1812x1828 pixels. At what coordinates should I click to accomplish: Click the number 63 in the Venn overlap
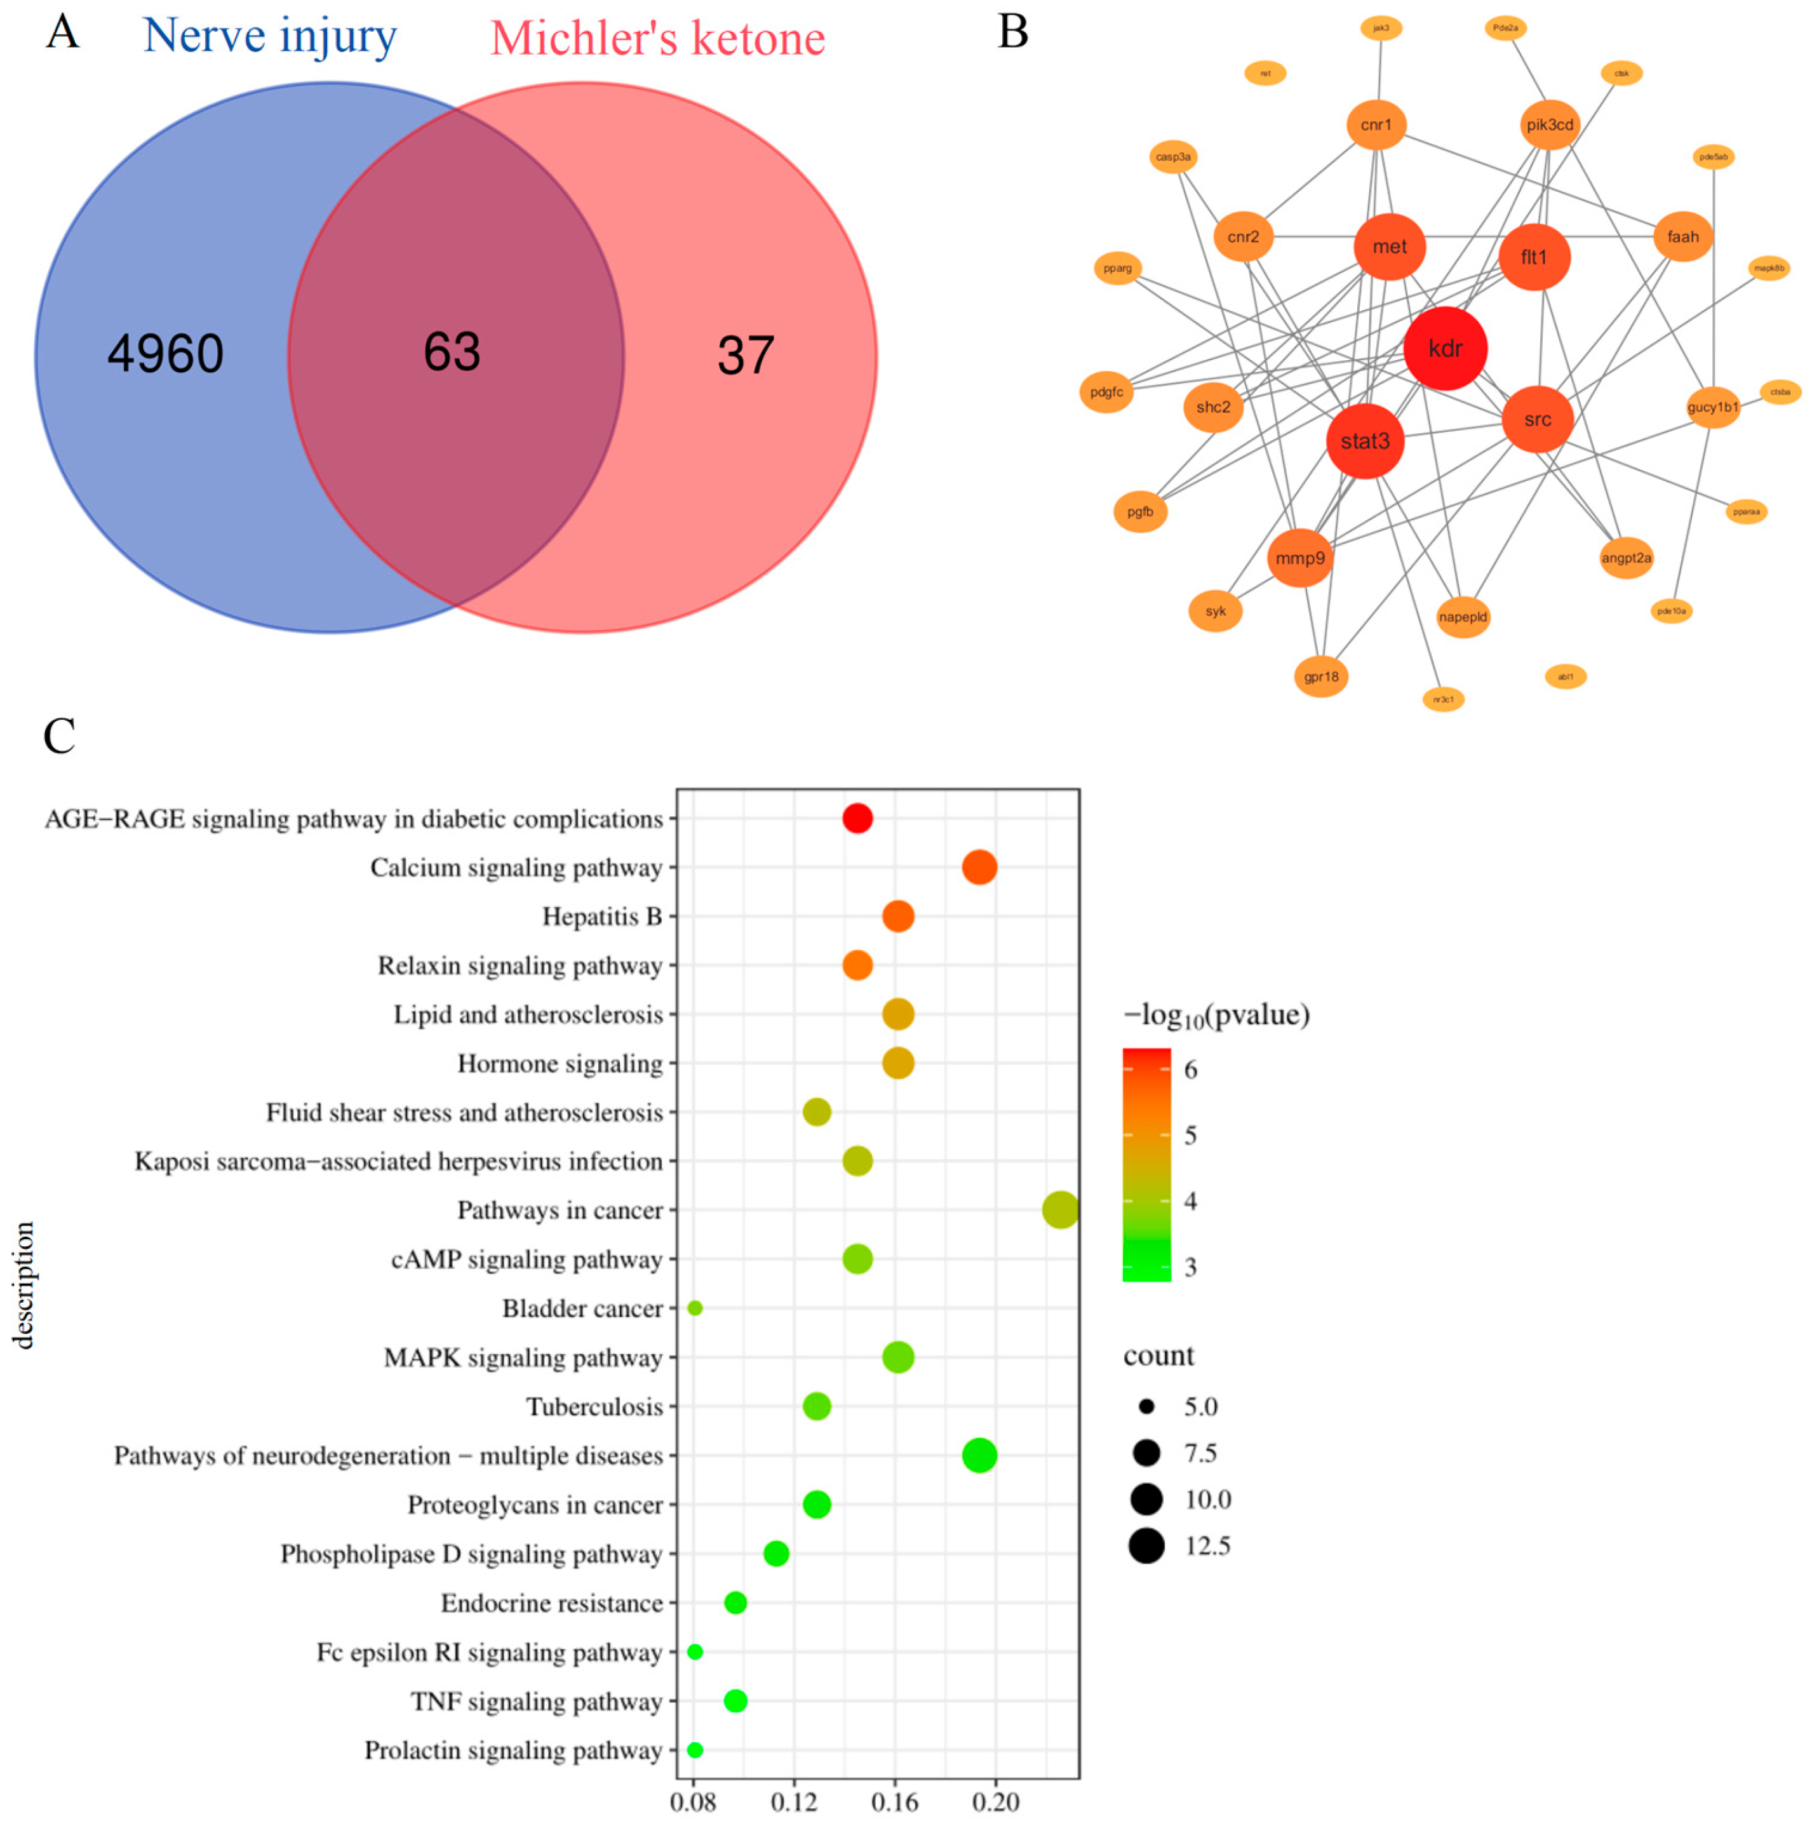click(x=452, y=352)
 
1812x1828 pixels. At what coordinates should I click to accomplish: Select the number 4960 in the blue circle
click(x=166, y=354)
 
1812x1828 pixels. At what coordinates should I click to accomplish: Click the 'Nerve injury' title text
click(x=270, y=36)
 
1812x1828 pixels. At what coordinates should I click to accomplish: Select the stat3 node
click(x=1364, y=441)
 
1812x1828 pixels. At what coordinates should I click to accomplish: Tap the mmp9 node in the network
click(x=1299, y=558)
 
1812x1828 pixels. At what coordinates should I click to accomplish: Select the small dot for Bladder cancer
click(x=695, y=1308)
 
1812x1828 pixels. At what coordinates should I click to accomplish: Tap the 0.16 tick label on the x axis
click(x=894, y=1801)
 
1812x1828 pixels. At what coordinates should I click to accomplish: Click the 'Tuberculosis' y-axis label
click(x=594, y=1407)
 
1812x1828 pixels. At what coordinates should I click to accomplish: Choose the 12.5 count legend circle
click(x=1145, y=1545)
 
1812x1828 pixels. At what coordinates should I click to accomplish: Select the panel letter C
click(x=58, y=736)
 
